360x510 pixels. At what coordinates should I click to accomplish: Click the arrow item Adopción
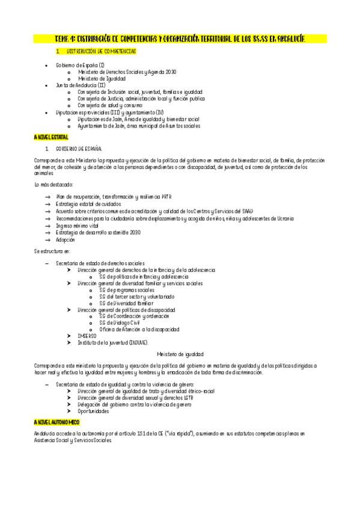66,239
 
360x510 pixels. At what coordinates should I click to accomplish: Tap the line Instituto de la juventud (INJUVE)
112,342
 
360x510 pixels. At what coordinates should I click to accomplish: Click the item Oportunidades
93,411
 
